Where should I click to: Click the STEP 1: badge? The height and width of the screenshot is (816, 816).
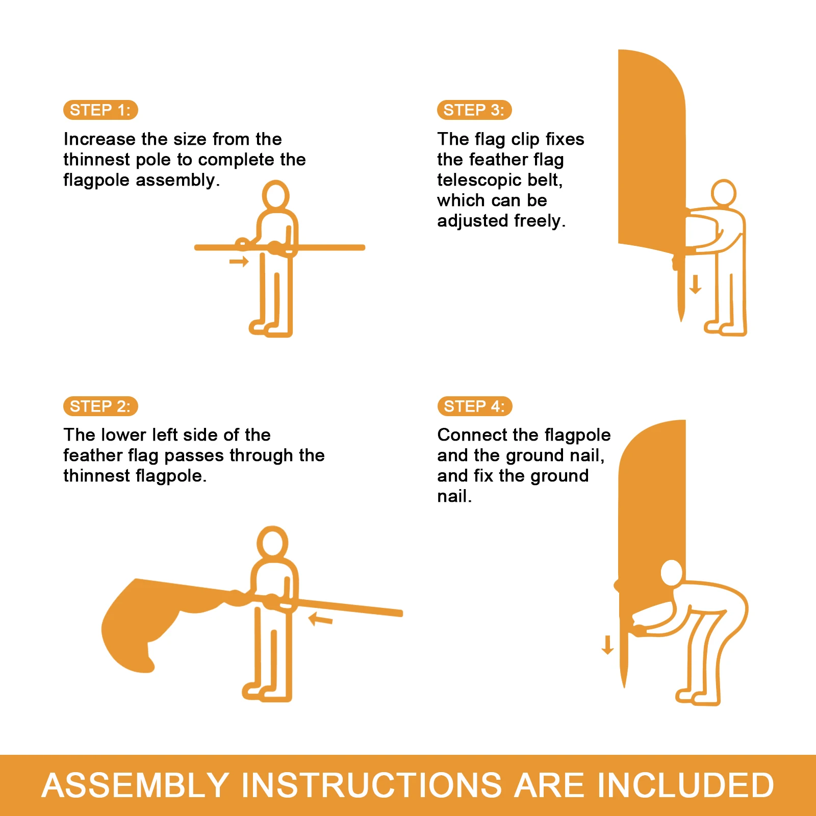100,110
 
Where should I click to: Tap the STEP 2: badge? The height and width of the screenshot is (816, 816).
100,406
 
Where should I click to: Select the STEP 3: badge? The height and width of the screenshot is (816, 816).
474,110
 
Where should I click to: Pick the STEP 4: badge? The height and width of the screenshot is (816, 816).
475,406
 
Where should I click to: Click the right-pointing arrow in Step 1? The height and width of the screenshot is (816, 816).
239,262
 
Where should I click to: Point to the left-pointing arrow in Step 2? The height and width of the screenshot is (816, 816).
321,619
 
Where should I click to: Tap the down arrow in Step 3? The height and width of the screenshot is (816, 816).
695,284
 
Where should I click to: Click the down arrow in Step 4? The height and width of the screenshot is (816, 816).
607,645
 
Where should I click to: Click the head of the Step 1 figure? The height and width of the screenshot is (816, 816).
275,195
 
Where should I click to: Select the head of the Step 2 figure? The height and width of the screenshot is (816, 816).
272,542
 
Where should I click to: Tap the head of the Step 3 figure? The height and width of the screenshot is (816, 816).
724,193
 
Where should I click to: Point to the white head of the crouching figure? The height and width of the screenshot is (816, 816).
672,573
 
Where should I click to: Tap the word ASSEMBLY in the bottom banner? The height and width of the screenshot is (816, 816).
136,785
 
